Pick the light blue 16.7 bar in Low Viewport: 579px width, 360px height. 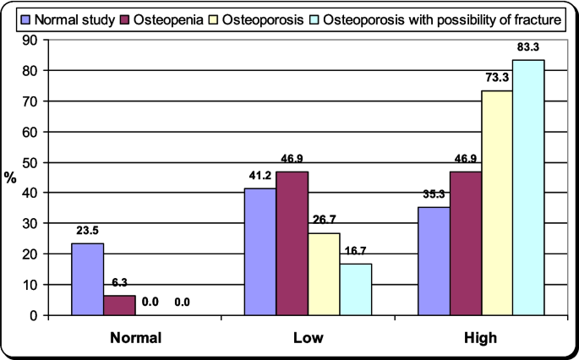point(356,289)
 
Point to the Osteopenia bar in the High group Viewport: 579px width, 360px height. point(466,243)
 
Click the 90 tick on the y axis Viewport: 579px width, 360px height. point(31,40)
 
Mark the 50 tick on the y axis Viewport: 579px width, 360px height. point(31,162)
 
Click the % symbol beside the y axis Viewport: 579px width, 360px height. point(11,177)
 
